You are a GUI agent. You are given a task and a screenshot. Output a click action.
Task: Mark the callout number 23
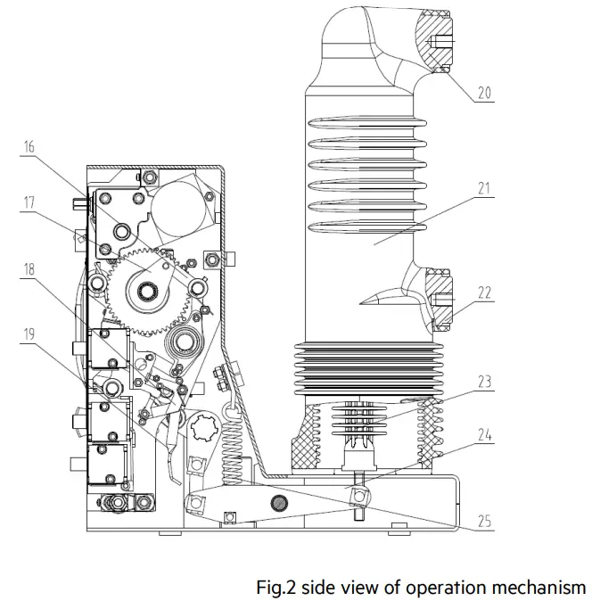point(484,380)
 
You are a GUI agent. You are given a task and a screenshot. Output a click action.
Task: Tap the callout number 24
point(484,437)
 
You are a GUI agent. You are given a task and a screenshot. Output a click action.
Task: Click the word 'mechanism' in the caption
point(544,587)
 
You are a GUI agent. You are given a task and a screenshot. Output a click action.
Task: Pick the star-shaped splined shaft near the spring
point(204,434)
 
